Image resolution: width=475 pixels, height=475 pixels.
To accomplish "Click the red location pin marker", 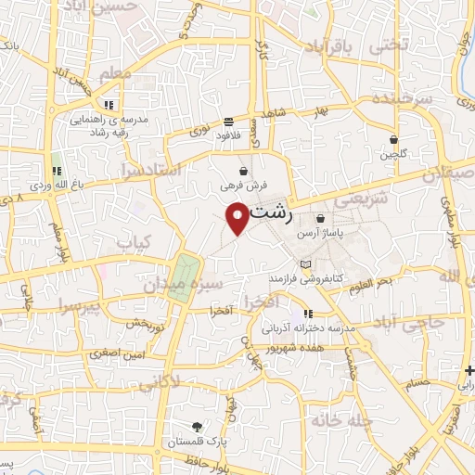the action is tap(238, 217).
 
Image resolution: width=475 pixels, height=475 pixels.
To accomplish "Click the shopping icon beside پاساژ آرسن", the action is tap(320, 219).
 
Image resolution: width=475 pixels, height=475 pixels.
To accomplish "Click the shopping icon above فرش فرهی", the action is tap(243, 171).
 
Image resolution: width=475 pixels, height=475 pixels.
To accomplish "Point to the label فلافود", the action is tap(228, 135).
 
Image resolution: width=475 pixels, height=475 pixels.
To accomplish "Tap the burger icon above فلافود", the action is tap(228, 121).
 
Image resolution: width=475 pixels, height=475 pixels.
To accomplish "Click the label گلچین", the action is tap(393, 154).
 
